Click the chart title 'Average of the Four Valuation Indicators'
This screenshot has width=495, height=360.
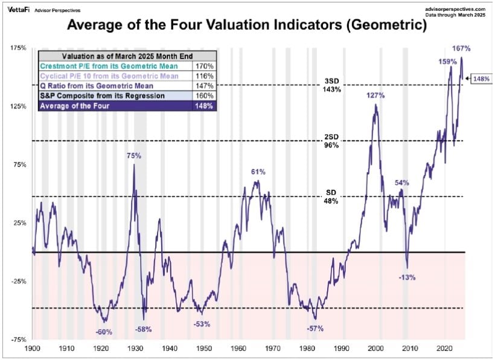click(247, 26)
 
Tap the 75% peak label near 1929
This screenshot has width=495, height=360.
click(134, 156)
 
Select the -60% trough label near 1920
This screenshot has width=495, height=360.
click(104, 332)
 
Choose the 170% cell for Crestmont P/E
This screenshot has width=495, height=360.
click(203, 66)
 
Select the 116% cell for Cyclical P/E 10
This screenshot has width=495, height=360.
click(203, 76)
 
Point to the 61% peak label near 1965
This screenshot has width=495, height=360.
click(258, 172)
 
